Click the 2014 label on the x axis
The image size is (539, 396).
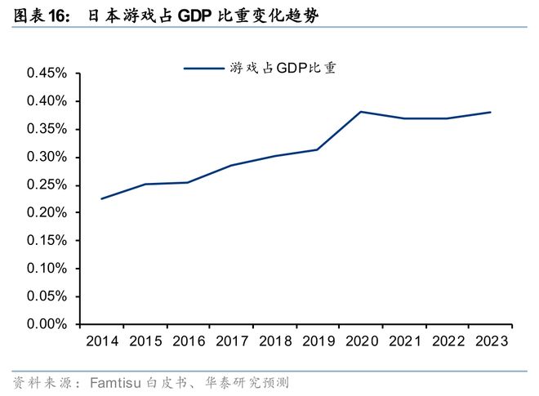click(101, 342)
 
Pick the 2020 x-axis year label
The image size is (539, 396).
click(361, 342)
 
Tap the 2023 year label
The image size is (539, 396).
click(490, 342)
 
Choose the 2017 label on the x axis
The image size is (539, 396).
click(231, 342)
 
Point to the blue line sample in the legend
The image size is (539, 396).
click(203, 69)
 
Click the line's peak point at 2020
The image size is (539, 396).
click(361, 112)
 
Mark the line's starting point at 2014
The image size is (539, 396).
click(101, 198)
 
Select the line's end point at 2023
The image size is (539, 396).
click(490, 113)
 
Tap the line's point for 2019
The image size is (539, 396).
click(317, 149)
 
